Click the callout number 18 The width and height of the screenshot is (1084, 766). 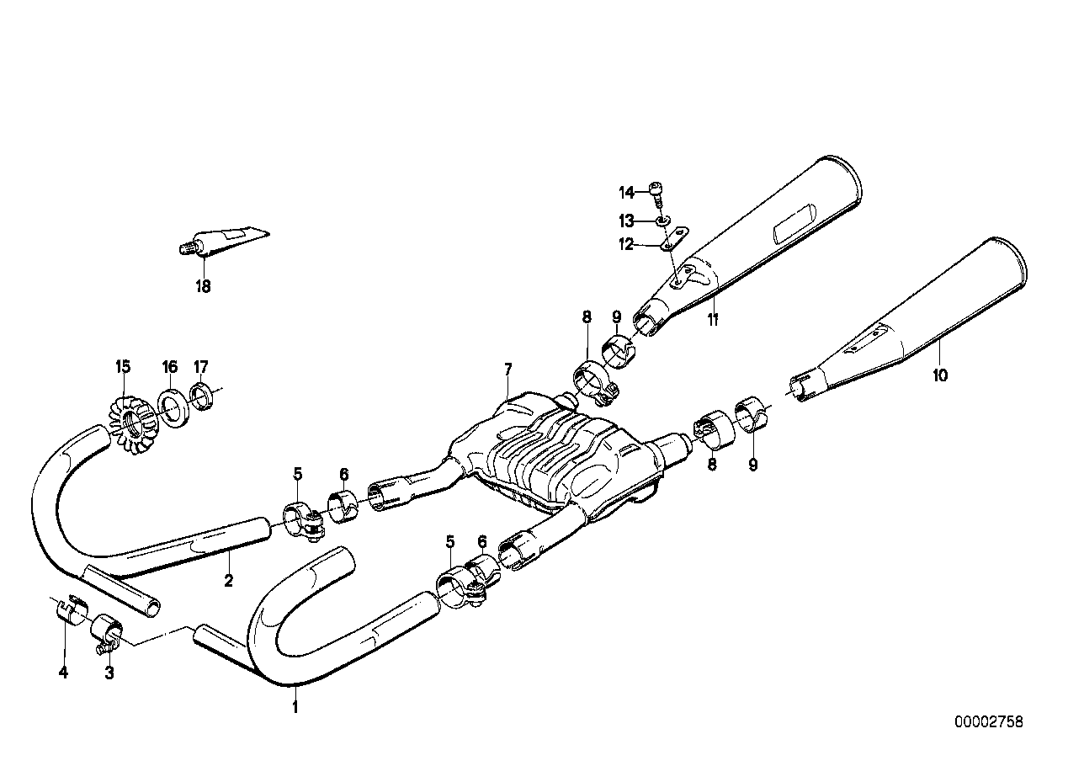(203, 286)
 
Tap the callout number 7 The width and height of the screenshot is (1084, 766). (507, 370)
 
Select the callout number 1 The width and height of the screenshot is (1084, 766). (295, 707)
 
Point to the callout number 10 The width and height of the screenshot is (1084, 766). (940, 375)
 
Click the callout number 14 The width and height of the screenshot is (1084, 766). (626, 193)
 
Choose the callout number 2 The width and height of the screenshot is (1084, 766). (228, 579)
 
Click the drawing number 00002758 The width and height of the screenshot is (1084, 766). (989, 721)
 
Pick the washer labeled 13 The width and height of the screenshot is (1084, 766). (663, 221)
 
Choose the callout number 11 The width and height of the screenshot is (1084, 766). (713, 319)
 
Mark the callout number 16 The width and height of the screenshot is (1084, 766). (170, 366)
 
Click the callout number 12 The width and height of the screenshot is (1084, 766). (626, 245)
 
